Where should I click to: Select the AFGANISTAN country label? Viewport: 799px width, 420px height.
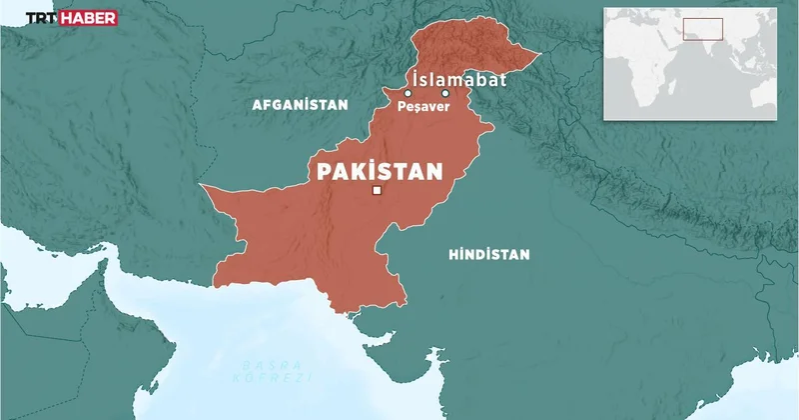(x=300, y=104)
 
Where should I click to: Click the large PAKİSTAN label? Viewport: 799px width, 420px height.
(x=379, y=170)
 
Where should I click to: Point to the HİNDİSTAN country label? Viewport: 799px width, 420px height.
(x=488, y=255)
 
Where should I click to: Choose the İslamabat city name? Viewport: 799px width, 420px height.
(x=459, y=79)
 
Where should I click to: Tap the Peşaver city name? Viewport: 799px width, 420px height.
(x=421, y=108)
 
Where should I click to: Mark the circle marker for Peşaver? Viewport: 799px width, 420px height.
(x=407, y=93)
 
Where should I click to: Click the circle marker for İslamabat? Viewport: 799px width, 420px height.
(x=444, y=93)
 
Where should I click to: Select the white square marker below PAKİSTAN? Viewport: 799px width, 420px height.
(x=377, y=190)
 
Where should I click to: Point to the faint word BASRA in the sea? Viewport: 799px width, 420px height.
(x=255, y=366)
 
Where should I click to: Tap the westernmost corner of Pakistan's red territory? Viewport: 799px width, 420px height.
(x=201, y=185)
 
